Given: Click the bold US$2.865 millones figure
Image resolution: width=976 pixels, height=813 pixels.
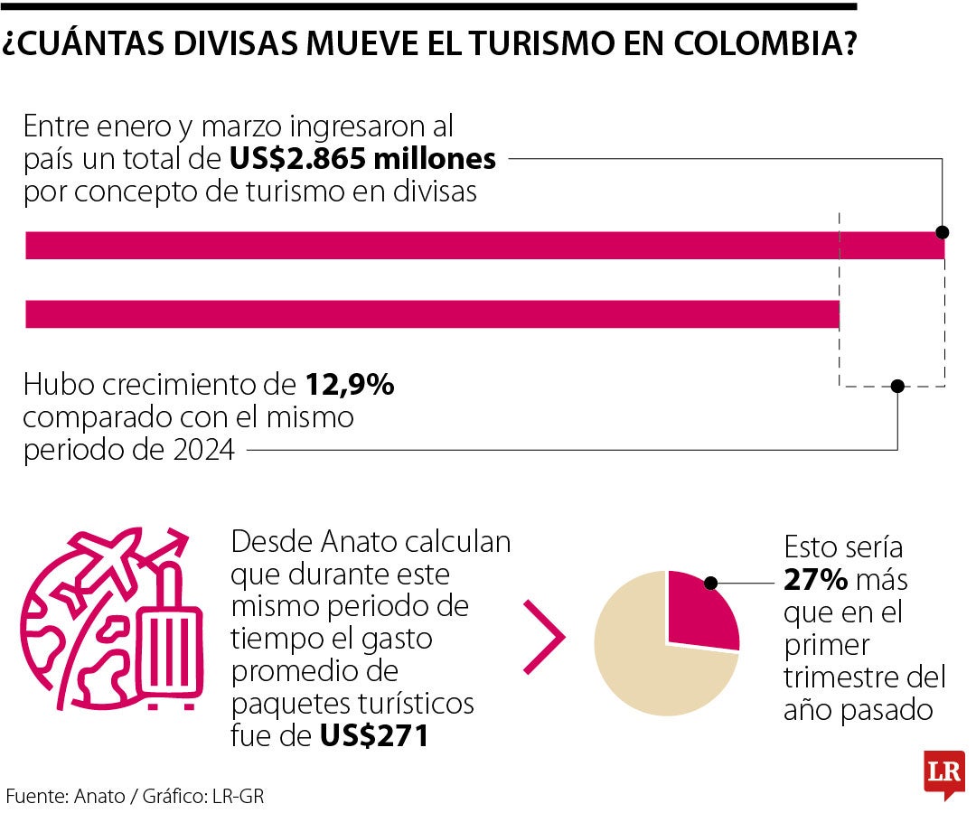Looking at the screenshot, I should coord(362,160).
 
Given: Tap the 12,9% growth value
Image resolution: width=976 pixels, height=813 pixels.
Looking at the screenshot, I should coord(348,385).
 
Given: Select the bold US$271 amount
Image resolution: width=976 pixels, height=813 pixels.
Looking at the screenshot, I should coord(374,735).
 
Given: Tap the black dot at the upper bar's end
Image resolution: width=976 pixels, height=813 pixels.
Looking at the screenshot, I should coord(943,231).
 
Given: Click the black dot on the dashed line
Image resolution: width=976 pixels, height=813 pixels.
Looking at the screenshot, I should coord(896,386).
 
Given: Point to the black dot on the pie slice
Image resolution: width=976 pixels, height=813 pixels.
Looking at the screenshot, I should coord(710,584).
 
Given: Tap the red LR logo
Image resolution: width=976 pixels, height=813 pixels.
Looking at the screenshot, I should coord(943,773).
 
